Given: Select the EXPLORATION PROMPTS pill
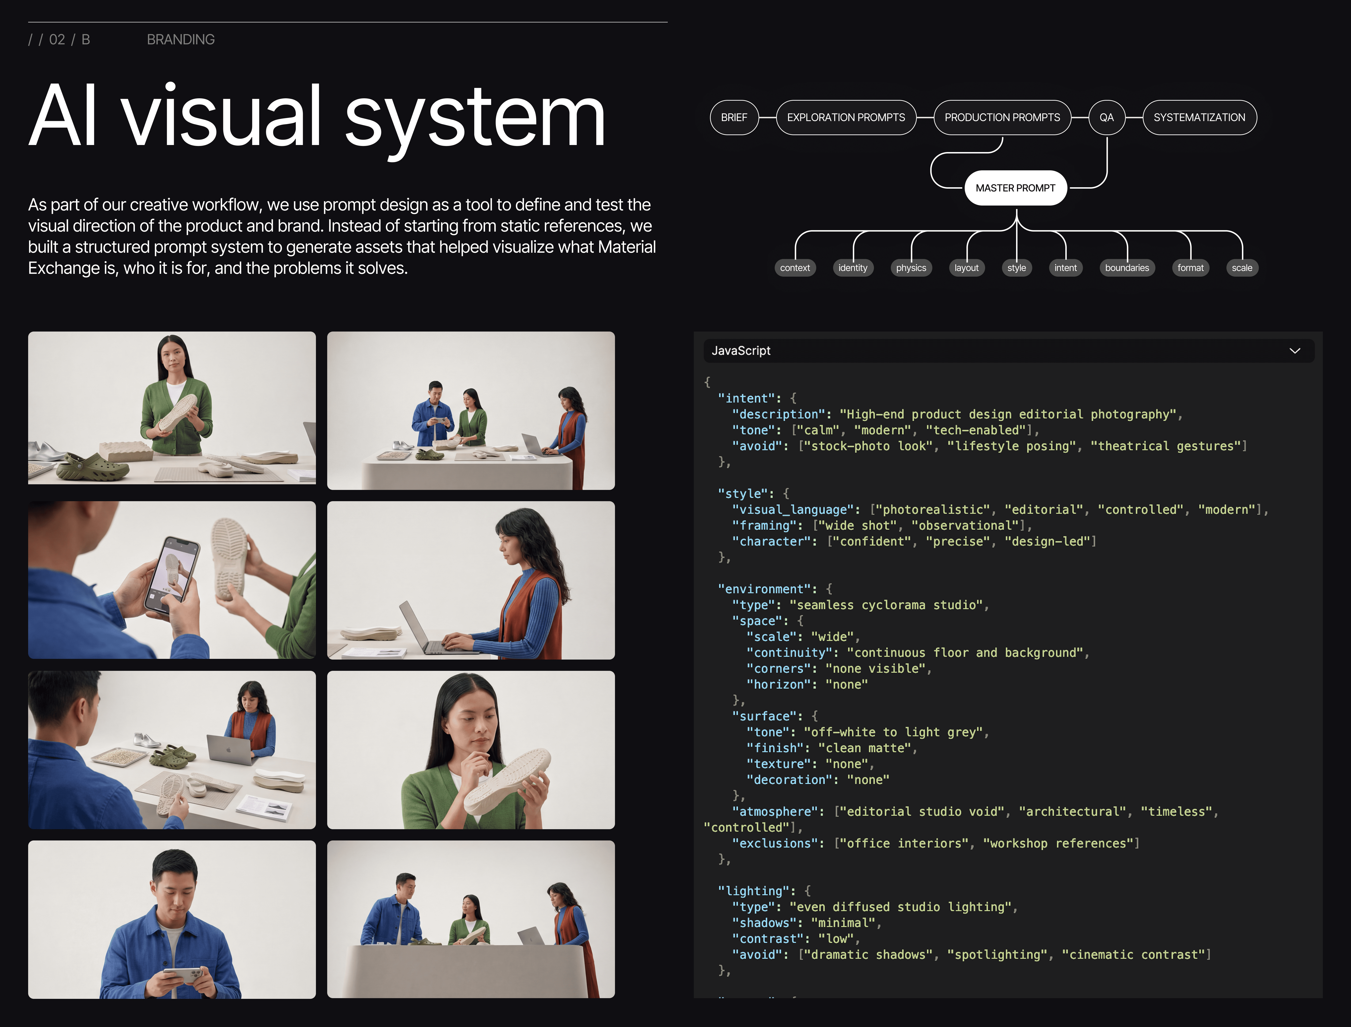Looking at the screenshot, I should tap(846, 117).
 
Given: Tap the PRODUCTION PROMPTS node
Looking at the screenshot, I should tap(1002, 117).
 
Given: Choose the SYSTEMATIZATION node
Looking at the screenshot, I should tap(1199, 117).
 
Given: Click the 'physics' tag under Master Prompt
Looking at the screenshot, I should tap(911, 268).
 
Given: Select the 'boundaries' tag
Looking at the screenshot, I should tap(1127, 268).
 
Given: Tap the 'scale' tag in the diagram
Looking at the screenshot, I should tap(1242, 268).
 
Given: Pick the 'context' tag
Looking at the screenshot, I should tap(794, 268).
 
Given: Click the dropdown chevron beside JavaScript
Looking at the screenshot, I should tap(1294, 351).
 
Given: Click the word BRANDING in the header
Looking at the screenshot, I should tap(181, 40).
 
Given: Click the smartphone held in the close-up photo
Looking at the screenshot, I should tap(172, 575).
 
